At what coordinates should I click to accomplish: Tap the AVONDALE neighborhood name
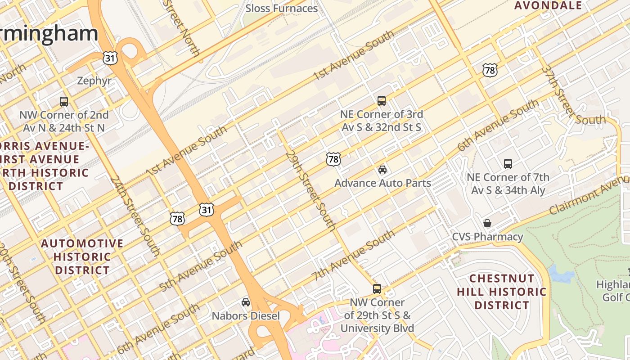(548, 5)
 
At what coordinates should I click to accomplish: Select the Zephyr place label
(94, 81)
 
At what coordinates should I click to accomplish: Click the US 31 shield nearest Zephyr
(110, 58)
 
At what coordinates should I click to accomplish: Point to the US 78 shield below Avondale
(490, 70)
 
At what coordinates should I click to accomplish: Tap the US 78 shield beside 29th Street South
(333, 159)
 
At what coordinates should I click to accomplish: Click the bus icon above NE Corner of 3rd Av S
(382, 100)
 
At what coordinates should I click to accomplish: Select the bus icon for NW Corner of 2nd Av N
(64, 101)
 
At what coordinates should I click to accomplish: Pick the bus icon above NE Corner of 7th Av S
(508, 163)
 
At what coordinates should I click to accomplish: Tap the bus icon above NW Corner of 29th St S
(377, 288)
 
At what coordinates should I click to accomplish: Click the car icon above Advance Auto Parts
(382, 169)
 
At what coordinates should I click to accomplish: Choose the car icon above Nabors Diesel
(246, 302)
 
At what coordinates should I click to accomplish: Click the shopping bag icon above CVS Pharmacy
(487, 223)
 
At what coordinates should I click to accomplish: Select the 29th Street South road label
(310, 191)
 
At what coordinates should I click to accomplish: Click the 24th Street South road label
(135, 215)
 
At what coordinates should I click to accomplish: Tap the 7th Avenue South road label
(353, 256)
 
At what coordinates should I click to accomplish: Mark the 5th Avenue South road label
(201, 266)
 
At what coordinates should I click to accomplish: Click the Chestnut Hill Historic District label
(502, 292)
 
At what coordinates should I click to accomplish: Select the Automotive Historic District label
(82, 256)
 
